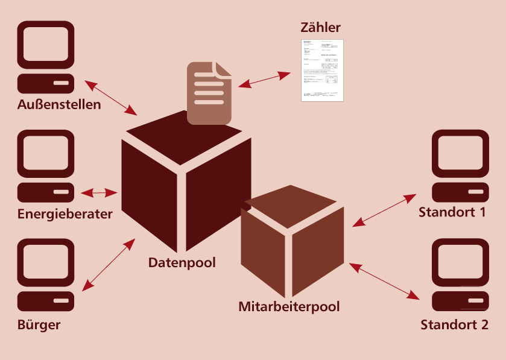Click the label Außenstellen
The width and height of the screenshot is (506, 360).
[59, 105]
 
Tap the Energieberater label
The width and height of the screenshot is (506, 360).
[65, 214]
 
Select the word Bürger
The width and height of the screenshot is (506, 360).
[39, 325]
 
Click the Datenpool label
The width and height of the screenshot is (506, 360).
[182, 263]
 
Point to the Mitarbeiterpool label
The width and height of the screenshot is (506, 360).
[289, 306]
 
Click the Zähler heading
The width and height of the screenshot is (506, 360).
[321, 28]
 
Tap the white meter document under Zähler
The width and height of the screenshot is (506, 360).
[323, 69]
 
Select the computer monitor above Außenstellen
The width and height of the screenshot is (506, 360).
[46, 46]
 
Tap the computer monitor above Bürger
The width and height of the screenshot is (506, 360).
[46, 264]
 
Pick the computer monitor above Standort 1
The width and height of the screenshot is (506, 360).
[460, 154]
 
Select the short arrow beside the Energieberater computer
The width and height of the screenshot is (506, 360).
[99, 193]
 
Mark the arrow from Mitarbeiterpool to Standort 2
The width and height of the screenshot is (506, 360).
[384, 281]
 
